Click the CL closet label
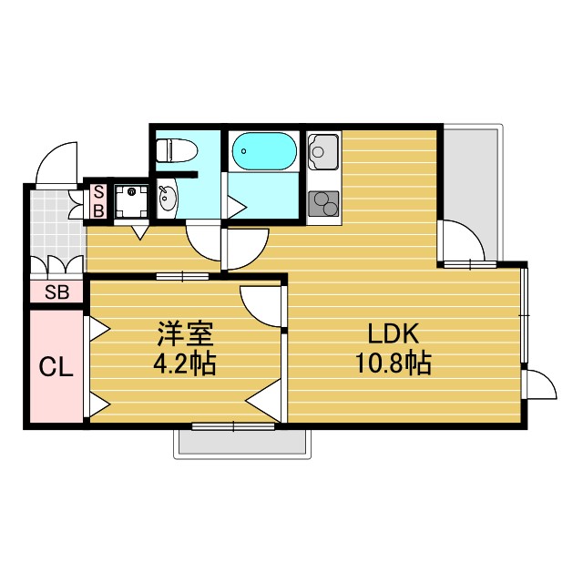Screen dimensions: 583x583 (x=55, y=367)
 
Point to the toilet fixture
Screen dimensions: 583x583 (x=173, y=149)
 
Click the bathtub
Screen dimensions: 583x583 (x=263, y=152)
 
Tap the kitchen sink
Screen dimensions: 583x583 (x=323, y=151)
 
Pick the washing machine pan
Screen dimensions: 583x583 (x=132, y=199)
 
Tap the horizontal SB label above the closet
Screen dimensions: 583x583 (x=56, y=292)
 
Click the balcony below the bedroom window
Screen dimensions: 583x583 (x=240, y=443)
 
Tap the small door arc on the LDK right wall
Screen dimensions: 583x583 (x=540, y=384)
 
